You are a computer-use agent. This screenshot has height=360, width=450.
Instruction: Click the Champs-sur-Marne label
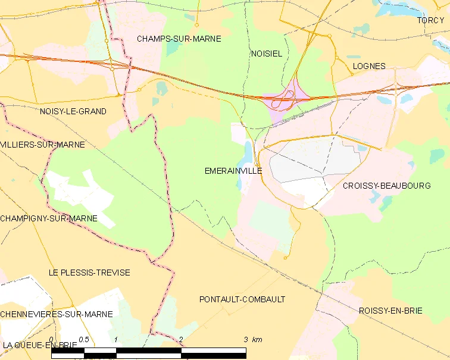pyautogui.click(x=179, y=39)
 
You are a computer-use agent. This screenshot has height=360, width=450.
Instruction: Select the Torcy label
pyautogui.click(x=430, y=20)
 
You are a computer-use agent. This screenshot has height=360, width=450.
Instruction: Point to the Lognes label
pyautogui.click(x=369, y=66)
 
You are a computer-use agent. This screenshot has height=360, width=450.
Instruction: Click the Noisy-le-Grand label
pyautogui.click(x=73, y=111)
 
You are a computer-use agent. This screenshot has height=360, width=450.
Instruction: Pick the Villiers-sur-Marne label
pyautogui.click(x=43, y=145)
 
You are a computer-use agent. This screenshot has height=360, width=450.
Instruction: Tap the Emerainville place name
pyautogui.click(x=233, y=170)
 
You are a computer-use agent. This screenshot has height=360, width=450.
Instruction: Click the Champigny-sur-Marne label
pyautogui.click(x=49, y=218)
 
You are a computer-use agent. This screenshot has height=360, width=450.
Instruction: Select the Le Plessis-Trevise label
pyautogui.click(x=89, y=273)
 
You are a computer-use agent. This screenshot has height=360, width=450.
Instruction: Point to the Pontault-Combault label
pyautogui.click(x=242, y=299)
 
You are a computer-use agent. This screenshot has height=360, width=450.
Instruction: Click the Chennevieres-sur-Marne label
pyautogui.click(x=57, y=314)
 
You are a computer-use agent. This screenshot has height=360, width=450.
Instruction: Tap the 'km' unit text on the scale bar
pyautogui.click(x=257, y=340)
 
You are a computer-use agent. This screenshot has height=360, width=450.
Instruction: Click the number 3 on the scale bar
pyautogui.click(x=245, y=340)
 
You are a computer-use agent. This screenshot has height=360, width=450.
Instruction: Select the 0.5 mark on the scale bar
pyautogui.click(x=84, y=340)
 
